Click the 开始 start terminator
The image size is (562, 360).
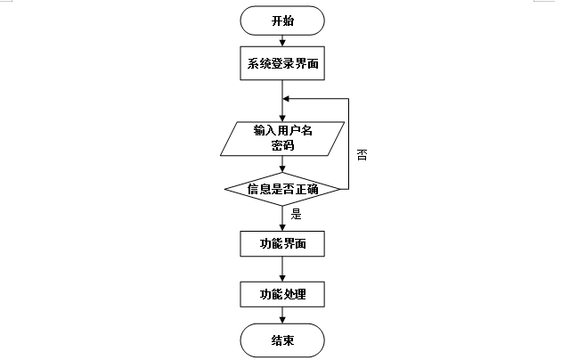tap(282, 21)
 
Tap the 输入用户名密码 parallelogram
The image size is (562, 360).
tap(282, 138)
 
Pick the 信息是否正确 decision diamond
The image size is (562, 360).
tap(282, 189)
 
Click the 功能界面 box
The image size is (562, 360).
tap(282, 243)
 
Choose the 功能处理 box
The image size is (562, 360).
tap(282, 294)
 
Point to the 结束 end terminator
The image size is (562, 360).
tap(282, 340)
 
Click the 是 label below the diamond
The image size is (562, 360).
tap(297, 214)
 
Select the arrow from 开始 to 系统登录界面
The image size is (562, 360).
tap(282, 40)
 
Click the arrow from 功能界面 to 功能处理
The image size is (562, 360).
tap(282, 268)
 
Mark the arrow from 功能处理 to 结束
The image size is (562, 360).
tap(282, 316)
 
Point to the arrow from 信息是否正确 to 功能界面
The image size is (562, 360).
tap(282, 218)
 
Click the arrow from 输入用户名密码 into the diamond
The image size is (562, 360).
tap(282, 166)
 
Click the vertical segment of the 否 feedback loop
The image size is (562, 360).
tap(347, 143)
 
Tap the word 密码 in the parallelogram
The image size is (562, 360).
tap(282, 146)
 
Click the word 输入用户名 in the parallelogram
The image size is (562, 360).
tap(282, 130)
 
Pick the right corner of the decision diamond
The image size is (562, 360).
tap(341, 189)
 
